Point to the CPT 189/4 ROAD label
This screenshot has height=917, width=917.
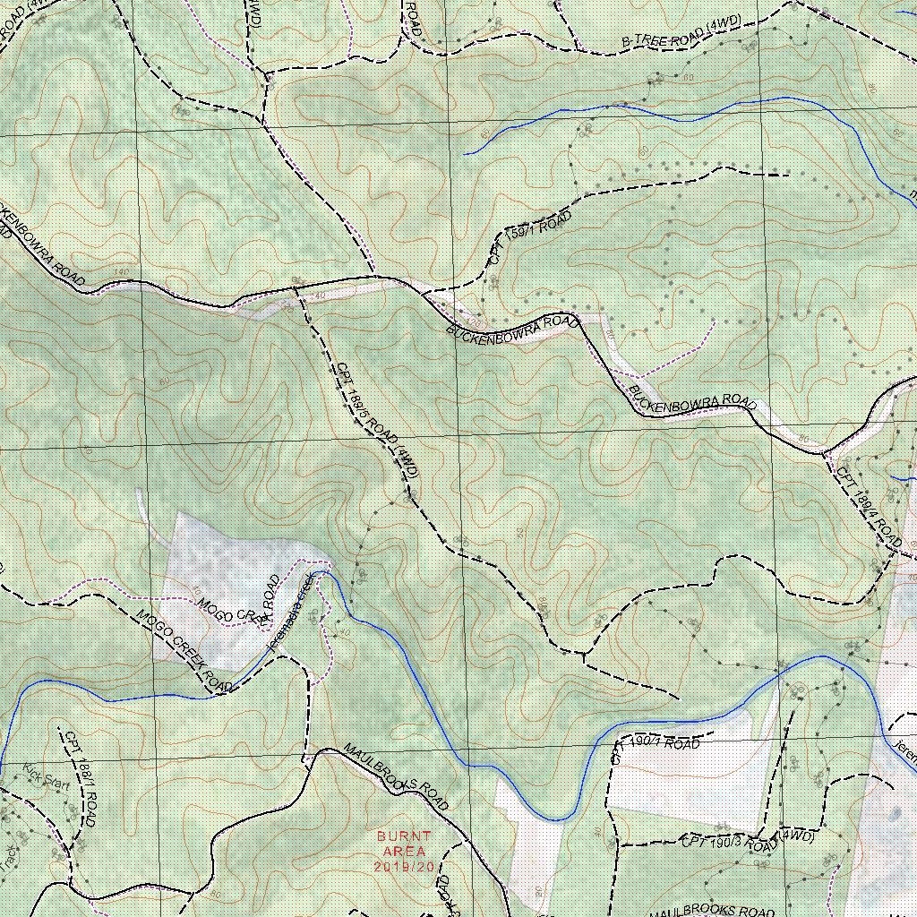tap(870, 507)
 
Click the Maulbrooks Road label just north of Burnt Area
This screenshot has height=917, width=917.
tap(395, 776)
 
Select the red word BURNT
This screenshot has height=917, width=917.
tap(404, 836)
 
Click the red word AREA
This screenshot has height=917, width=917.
tap(404, 852)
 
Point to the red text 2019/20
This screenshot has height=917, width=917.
tap(404, 867)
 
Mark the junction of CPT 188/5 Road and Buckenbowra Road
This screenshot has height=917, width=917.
tap(296, 288)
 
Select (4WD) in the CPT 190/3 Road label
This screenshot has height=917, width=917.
tap(796, 836)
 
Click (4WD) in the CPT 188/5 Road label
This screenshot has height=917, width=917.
tap(405, 472)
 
